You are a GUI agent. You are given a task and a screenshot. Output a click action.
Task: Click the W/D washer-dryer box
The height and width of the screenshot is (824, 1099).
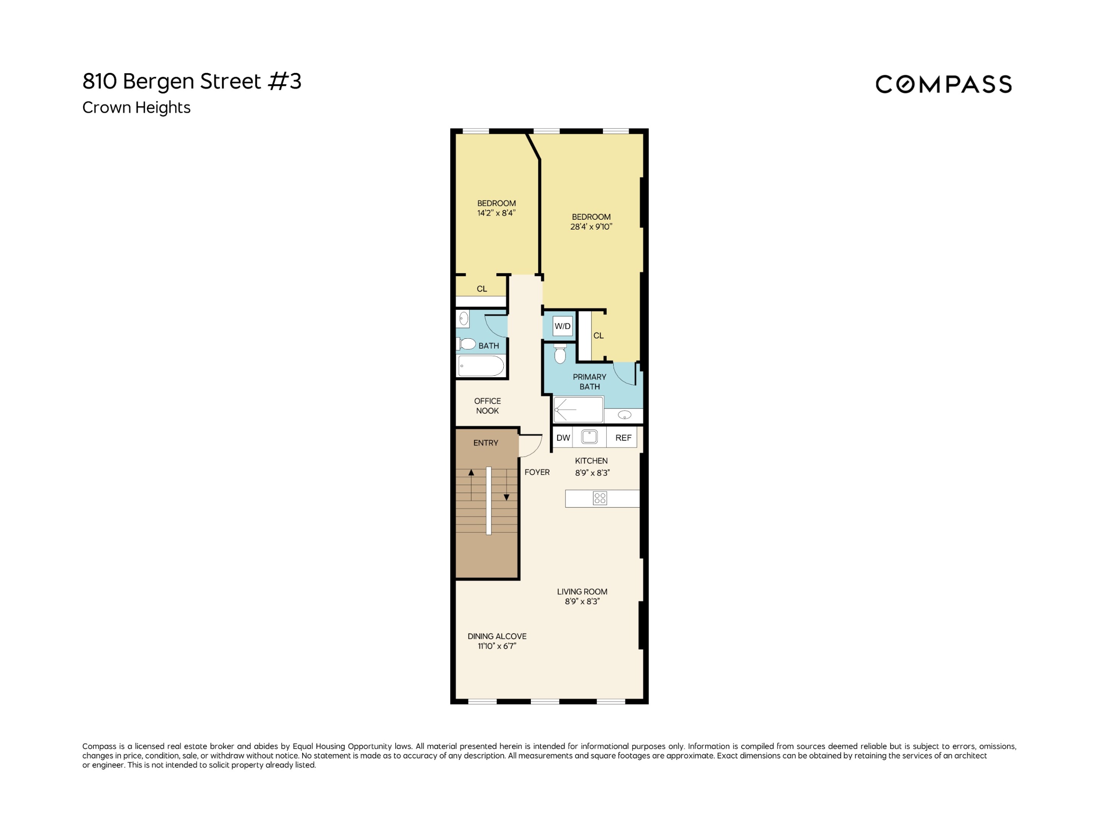562,326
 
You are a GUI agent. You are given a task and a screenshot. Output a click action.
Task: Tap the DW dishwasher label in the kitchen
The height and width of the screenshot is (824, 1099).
563,438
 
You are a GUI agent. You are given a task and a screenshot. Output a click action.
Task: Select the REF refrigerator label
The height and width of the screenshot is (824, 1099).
623,438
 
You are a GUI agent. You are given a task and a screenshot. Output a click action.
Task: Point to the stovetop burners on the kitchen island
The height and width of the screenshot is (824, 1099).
600,498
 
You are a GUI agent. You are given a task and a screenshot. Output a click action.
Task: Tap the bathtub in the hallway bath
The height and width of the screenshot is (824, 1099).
480,366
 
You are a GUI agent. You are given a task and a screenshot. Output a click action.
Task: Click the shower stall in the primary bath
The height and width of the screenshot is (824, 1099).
579,410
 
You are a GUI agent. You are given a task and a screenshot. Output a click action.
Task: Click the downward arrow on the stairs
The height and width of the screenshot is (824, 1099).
506,496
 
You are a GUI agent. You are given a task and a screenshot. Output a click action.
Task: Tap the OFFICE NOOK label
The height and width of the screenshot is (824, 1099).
487,406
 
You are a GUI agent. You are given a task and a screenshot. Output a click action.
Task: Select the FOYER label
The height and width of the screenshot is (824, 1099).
537,472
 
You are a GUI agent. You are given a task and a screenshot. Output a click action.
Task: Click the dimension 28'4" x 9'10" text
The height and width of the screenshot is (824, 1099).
591,227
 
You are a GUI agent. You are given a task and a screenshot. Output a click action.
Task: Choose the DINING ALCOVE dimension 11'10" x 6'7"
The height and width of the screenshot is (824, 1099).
497,646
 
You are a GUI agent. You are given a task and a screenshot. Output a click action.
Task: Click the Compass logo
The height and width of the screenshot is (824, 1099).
943,84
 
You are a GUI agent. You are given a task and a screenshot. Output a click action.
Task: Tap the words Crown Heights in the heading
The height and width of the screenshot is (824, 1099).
136,107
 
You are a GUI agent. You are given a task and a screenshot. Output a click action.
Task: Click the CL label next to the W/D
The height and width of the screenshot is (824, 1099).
598,336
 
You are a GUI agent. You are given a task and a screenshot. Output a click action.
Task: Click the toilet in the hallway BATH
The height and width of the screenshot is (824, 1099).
467,344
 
